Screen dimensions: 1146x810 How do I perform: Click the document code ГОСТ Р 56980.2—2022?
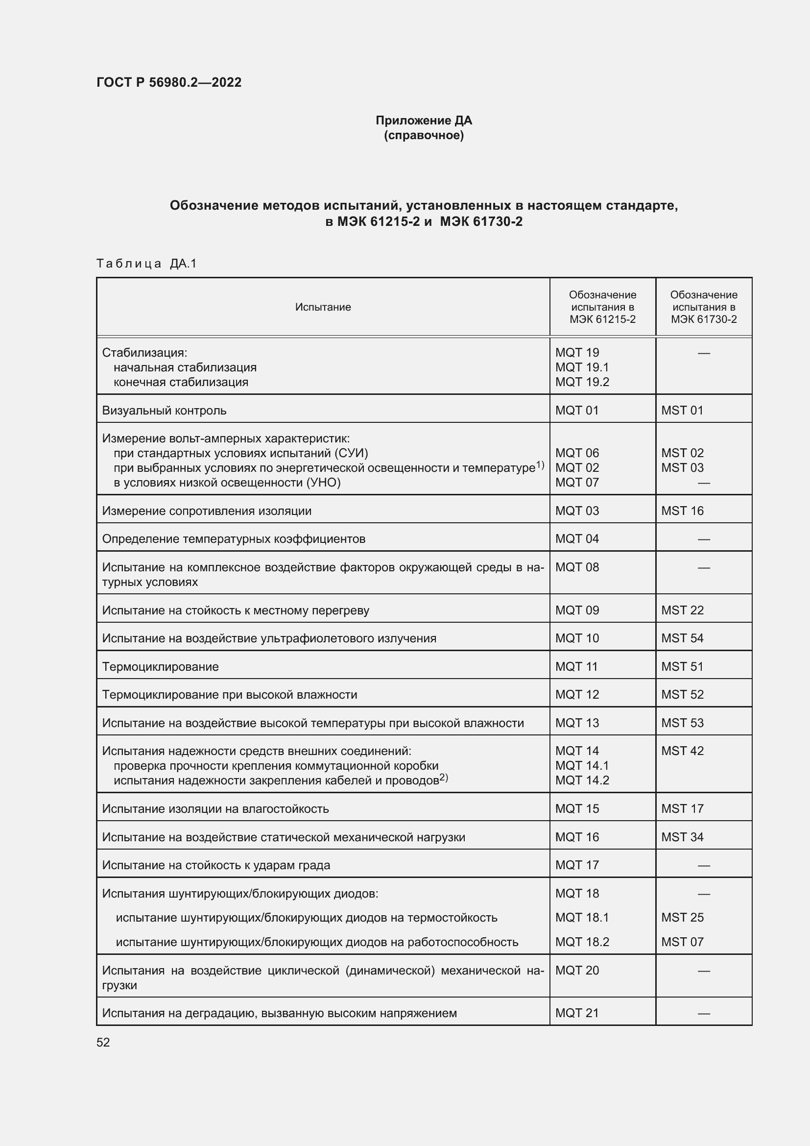pyautogui.click(x=168, y=82)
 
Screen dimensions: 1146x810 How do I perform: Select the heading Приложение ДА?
pyautogui.click(x=424, y=121)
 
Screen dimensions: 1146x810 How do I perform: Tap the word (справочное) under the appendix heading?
pyautogui.click(x=424, y=135)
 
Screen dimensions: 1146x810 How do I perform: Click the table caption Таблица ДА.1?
pyautogui.click(x=146, y=263)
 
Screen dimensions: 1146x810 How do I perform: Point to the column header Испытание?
pyautogui.click(x=323, y=307)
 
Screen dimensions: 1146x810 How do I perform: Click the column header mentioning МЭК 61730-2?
pyautogui.click(x=703, y=307)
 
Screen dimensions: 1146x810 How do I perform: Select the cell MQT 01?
pyautogui.click(x=576, y=410)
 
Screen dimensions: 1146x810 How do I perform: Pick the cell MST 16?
pyautogui.click(x=682, y=511)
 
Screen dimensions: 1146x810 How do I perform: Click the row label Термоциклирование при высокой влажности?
pyautogui.click(x=229, y=694)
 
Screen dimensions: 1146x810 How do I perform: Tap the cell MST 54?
pyautogui.click(x=682, y=638)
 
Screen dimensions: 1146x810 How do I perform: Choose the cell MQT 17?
pyautogui.click(x=576, y=865)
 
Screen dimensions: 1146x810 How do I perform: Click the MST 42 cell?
pyautogui.click(x=682, y=751)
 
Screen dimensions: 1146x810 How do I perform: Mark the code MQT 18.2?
pyautogui.click(x=582, y=942)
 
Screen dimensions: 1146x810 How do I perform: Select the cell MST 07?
pyautogui.click(x=682, y=942)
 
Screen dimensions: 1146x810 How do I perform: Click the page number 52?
pyautogui.click(x=103, y=1042)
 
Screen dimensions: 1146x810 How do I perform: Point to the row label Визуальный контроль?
pyautogui.click(x=164, y=410)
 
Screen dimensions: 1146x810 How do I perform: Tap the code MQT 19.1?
pyautogui.click(x=582, y=367)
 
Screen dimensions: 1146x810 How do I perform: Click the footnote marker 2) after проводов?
pyautogui.click(x=443, y=778)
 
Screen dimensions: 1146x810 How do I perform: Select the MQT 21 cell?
pyautogui.click(x=576, y=1013)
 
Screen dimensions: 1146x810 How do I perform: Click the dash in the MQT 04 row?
pyautogui.click(x=703, y=539)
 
